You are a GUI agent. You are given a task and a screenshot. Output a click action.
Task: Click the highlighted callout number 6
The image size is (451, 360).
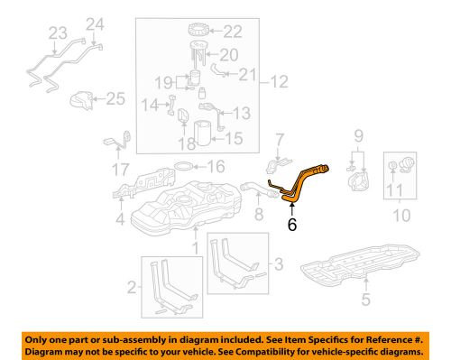292,226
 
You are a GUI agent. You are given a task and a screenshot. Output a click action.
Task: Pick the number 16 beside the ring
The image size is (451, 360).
216,166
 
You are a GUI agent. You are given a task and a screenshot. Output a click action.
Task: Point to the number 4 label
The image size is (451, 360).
120,217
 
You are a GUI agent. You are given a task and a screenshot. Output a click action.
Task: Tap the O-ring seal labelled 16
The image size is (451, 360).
183,166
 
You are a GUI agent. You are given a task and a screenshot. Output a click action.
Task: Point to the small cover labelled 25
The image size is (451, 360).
84,101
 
